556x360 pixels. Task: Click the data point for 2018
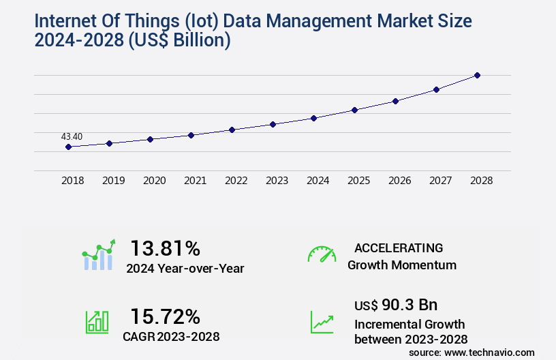[68, 147]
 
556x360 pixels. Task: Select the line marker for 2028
[477, 75]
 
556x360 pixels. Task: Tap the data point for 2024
[313, 118]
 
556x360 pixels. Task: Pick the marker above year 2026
[395, 101]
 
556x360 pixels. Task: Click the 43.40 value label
[72, 136]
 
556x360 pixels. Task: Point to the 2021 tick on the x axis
[195, 181]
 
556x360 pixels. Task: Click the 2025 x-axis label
[358, 181]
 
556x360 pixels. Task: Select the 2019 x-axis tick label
[113, 181]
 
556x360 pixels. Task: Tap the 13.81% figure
[165, 247]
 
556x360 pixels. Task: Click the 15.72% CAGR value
[165, 316]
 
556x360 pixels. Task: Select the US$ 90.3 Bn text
[396, 304]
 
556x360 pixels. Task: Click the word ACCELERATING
[399, 247]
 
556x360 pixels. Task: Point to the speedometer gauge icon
[322, 254]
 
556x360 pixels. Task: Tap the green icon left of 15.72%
[97, 322]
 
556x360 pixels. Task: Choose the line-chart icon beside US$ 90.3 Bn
[322, 322]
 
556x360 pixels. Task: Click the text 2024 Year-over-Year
[185, 268]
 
